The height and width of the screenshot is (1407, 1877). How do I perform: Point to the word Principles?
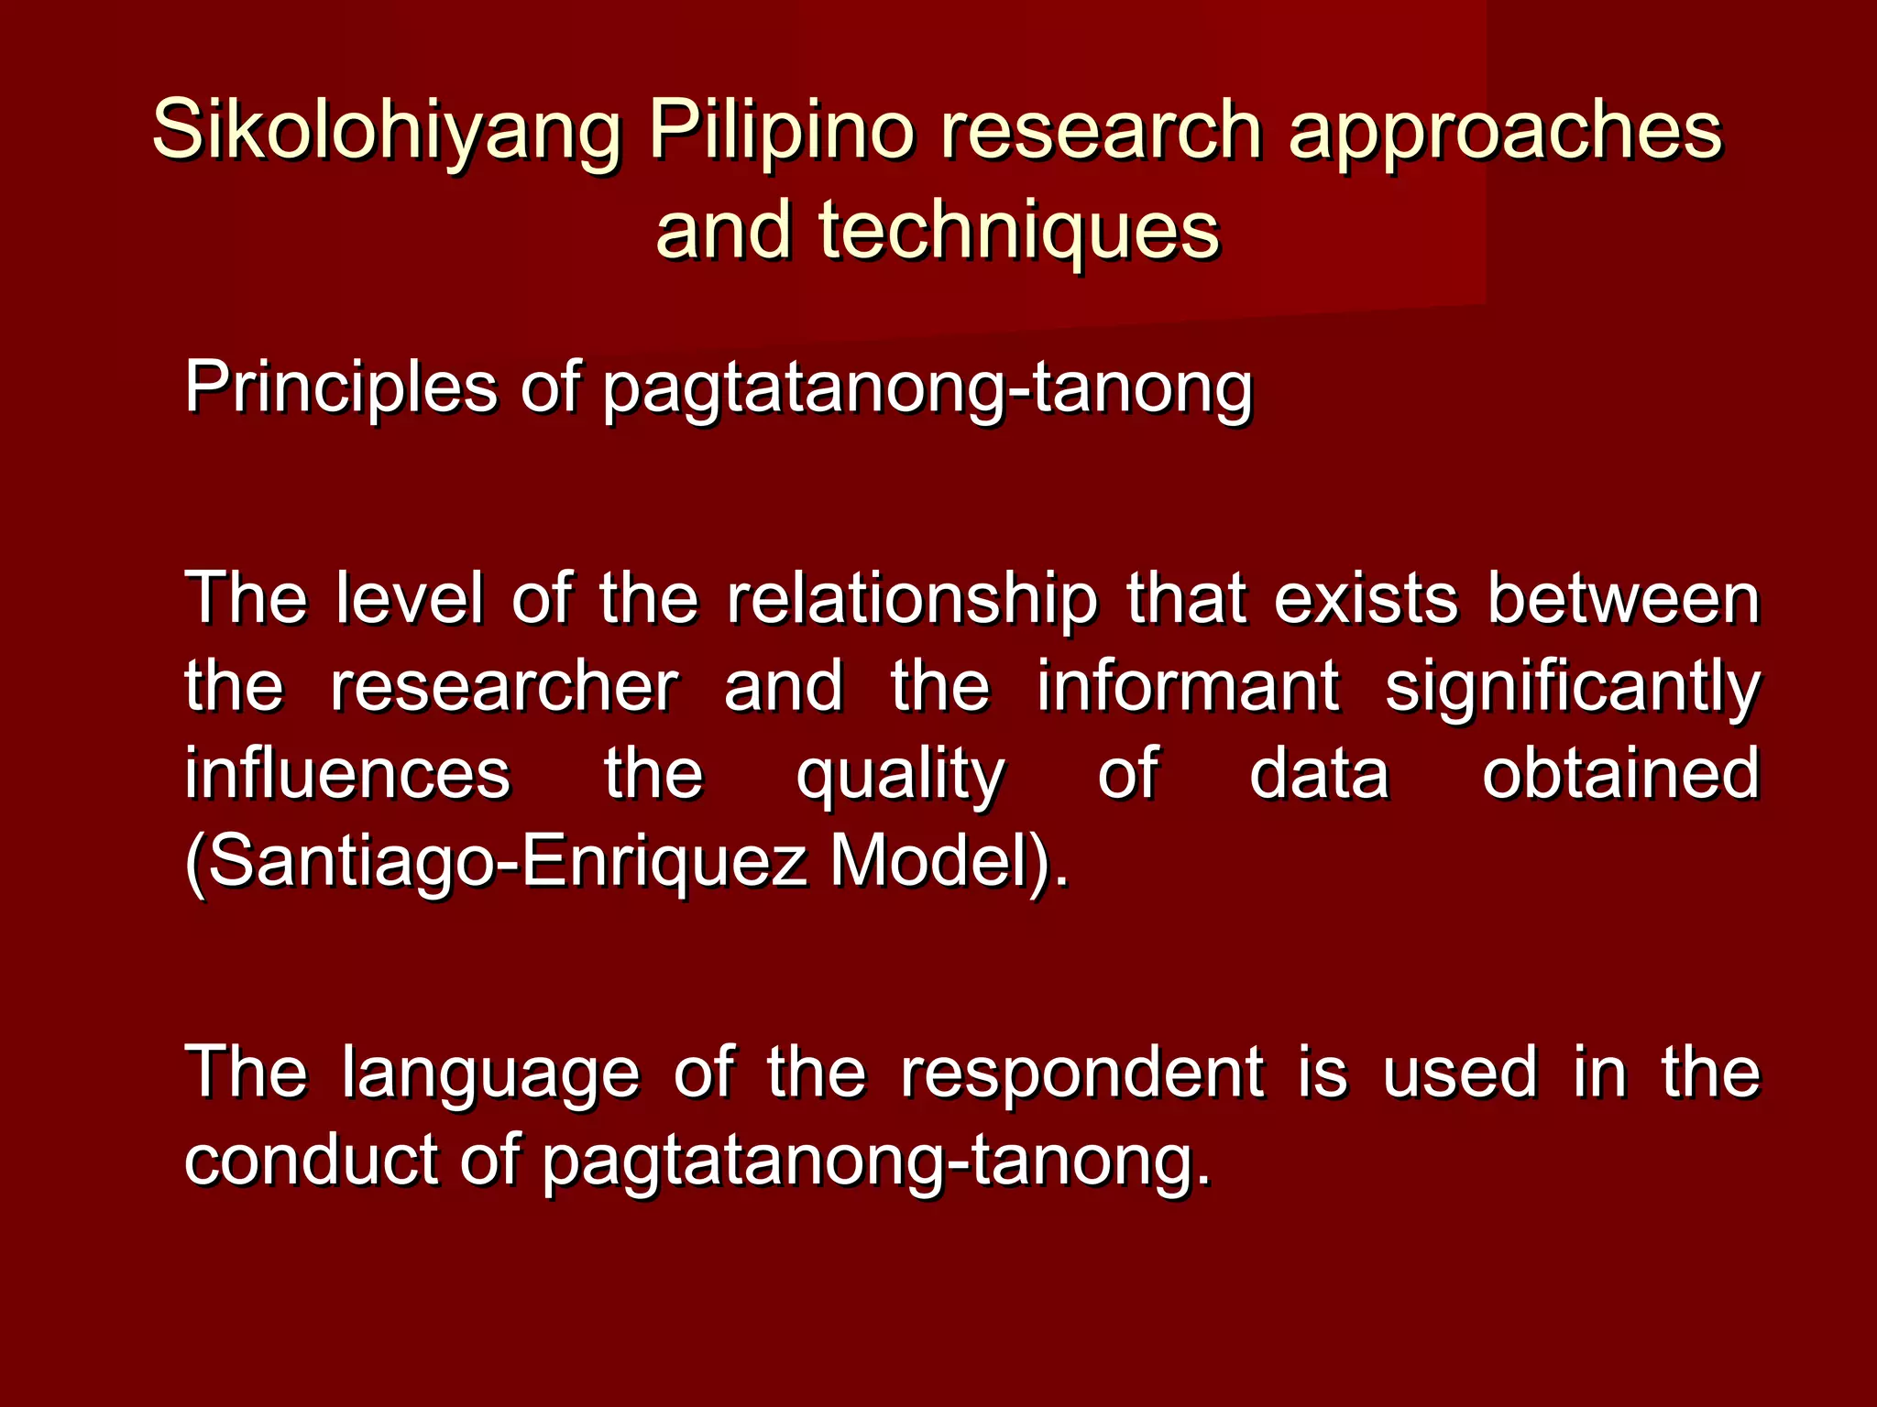coord(340,388)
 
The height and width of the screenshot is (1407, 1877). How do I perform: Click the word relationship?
coord(911,600)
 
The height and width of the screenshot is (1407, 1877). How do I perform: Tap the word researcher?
coord(503,687)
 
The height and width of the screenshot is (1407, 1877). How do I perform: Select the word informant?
coord(1187,687)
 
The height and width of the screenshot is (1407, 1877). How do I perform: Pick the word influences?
coord(347,774)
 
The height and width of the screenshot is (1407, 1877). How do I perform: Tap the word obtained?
coord(1620,774)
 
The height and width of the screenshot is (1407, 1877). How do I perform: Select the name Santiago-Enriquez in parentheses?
coord(500,863)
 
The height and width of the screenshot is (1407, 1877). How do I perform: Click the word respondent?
coord(1082,1074)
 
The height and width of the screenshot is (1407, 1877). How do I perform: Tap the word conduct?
coord(311,1160)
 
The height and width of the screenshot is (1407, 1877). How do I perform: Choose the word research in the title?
coord(1101,131)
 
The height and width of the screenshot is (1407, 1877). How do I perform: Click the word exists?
coord(1365,600)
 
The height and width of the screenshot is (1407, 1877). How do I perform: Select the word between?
coord(1623,600)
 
